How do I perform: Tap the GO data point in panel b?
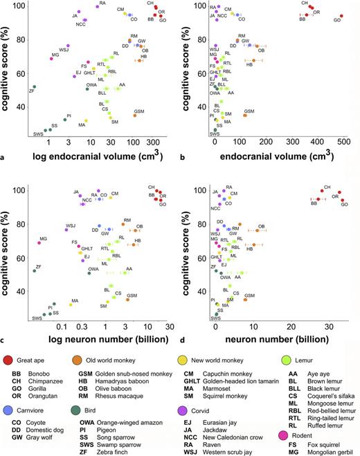pyautogui.click(x=341, y=15)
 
